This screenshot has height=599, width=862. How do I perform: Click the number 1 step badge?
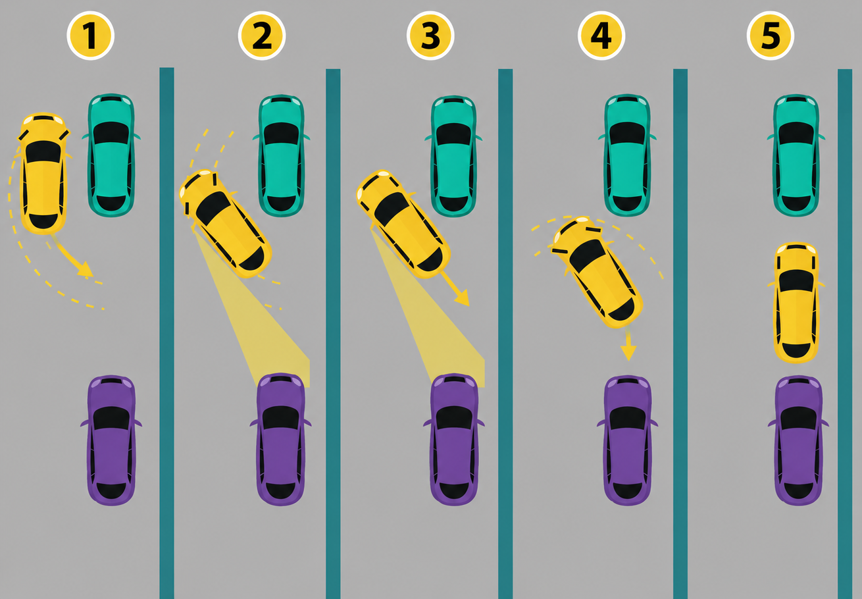pos(90,36)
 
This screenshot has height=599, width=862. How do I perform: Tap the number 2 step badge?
pos(262,36)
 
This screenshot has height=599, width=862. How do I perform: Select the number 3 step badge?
pos(430,36)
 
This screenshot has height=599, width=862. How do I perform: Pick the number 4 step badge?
pos(601,36)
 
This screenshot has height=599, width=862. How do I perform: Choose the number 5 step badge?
pos(771,36)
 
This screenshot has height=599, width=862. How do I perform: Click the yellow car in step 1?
pos(43,173)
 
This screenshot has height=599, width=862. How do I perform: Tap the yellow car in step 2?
pos(226,223)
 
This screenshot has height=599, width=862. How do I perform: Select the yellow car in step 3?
pos(403,223)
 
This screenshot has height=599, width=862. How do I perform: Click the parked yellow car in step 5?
pos(796,303)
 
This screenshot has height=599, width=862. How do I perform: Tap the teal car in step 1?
pos(111,155)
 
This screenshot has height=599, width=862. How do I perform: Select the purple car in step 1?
pos(111,440)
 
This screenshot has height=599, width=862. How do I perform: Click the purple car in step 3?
pos(454,439)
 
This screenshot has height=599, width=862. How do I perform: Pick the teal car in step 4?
pos(627,155)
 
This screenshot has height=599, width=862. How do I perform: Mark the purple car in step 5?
pos(799,440)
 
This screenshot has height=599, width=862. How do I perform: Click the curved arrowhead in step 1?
pos(86,269)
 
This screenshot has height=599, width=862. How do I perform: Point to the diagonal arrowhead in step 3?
pos(462,298)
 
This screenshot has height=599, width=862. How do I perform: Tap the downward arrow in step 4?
pos(628,344)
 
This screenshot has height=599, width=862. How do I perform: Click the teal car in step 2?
pos(282,155)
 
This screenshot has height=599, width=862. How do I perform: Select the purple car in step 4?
pos(628,440)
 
